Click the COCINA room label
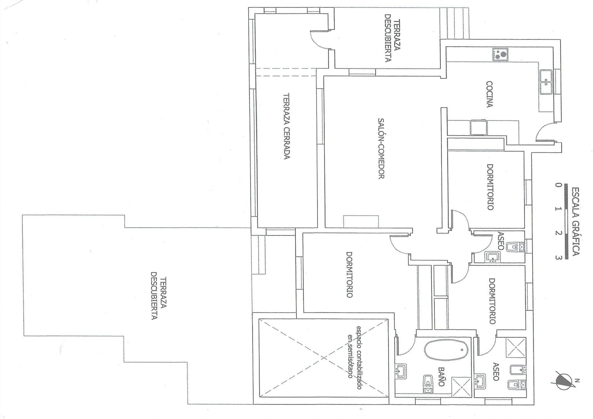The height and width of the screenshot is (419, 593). click(489, 94)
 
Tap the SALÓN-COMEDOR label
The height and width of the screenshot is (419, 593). click(381, 148)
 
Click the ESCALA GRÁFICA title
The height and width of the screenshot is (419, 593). click(575, 221)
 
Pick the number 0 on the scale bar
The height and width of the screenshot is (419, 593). click(558, 185)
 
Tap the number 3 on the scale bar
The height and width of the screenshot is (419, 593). click(558, 258)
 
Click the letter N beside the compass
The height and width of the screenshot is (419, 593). click(577, 380)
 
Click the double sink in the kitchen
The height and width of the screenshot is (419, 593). click(546, 82)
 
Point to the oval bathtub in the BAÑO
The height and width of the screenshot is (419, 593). click(446, 350)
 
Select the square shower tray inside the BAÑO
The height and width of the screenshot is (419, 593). click(462, 387)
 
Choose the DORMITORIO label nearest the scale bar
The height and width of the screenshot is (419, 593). click(490, 187)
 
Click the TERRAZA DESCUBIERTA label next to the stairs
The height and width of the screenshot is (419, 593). click(393, 38)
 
